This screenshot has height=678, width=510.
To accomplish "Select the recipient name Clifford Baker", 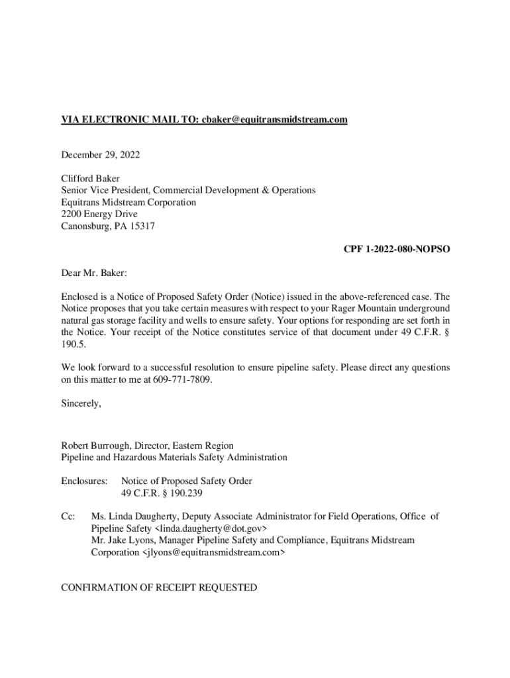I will pos(91,178).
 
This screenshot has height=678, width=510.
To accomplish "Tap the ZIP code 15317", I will pos(144,226).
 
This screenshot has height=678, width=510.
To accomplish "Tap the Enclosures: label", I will pos(84,481).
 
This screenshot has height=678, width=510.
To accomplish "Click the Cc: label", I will pos(69,516).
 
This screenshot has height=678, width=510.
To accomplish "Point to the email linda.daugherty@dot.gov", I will pos(211,528).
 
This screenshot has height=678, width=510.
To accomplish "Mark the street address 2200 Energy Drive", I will pos(99,214).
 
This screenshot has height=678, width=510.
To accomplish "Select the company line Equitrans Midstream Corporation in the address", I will pos(128,202).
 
